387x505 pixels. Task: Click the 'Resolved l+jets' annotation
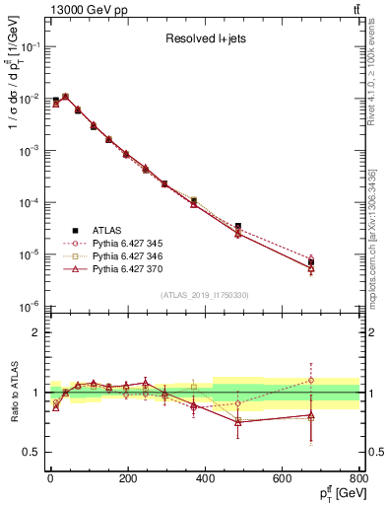click(206, 39)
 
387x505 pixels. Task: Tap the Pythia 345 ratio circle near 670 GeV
click(311, 380)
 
